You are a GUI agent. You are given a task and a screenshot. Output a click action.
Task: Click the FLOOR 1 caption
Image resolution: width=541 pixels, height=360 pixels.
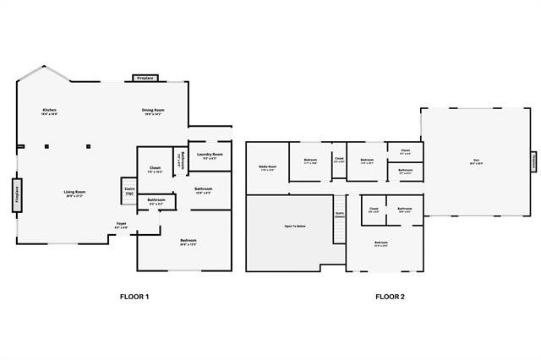(x=134, y=297)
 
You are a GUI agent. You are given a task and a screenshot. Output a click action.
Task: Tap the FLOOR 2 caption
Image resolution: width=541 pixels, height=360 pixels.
(x=390, y=297)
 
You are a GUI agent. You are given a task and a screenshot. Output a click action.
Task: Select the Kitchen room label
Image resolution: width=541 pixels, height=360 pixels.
(x=49, y=112)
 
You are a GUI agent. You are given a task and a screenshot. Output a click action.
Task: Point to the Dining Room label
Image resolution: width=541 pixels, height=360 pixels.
(x=153, y=112)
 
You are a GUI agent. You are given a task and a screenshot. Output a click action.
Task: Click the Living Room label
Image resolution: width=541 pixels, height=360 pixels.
(x=74, y=193)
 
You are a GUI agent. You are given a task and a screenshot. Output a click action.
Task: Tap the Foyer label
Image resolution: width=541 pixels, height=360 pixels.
(x=122, y=225)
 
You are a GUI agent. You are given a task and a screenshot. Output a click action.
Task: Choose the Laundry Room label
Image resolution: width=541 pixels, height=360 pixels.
(x=210, y=155)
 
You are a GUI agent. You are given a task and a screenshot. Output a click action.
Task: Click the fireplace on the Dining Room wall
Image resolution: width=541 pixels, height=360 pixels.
(x=145, y=78)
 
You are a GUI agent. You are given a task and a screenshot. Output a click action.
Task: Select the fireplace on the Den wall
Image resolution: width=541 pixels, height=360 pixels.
(x=533, y=161)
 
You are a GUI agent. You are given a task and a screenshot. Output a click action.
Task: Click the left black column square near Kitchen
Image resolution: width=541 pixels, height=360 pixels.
(x=47, y=146)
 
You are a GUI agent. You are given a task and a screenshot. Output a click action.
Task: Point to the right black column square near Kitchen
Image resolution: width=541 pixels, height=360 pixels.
(x=87, y=146)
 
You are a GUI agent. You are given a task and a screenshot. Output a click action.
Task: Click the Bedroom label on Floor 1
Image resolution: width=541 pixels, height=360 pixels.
(x=188, y=243)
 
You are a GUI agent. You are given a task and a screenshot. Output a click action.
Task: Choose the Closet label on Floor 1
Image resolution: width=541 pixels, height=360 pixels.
(x=156, y=169)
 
